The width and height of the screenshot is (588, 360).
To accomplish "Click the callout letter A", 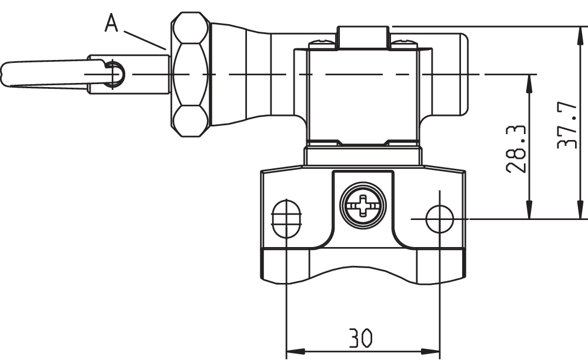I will pyautogui.click(x=112, y=24).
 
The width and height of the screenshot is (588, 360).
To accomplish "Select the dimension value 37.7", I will pyautogui.click(x=567, y=125).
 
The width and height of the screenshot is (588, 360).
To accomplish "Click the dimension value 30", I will pyautogui.click(x=360, y=338).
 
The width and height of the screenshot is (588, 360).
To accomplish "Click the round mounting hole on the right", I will pyautogui.click(x=439, y=219).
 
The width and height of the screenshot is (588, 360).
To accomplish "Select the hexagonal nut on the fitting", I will pyautogui.click(x=190, y=74).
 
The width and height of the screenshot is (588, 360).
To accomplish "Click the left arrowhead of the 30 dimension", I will pyautogui.click(x=292, y=352).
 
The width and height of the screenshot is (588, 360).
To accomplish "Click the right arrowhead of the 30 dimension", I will pyautogui.click(x=433, y=352).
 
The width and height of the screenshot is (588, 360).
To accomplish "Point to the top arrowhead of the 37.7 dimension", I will pyautogui.click(x=580, y=34).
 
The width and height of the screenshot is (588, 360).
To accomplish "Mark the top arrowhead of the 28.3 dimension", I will pyautogui.click(x=530, y=82).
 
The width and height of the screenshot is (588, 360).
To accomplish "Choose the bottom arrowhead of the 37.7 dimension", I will pyautogui.click(x=580, y=211).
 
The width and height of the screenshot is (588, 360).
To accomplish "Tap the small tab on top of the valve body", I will pyautogui.click(x=363, y=36).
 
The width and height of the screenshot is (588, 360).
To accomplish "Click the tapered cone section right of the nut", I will pyautogui.click(x=238, y=74).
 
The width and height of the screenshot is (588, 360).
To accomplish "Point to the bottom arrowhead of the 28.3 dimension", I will pyautogui.click(x=530, y=211).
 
